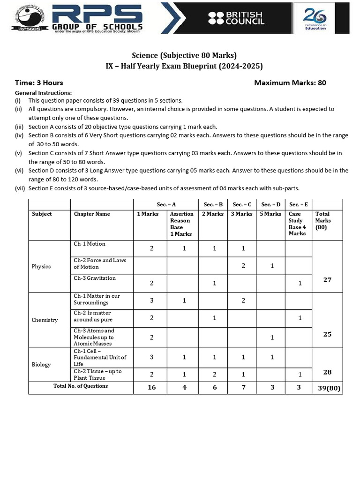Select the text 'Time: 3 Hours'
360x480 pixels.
(39, 83)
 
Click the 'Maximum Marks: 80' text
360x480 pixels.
(290, 83)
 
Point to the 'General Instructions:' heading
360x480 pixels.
(44, 93)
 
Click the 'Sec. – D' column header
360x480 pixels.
(270, 204)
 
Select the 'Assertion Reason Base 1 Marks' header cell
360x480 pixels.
(182, 224)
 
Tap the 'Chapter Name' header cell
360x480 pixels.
(92, 214)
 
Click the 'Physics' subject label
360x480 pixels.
(41, 266)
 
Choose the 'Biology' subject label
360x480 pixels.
(41, 364)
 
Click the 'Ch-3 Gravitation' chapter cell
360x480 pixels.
(95, 278)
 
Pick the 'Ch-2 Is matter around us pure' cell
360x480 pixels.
(93, 316)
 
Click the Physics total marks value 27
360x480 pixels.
(327, 279)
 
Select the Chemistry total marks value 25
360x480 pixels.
(327, 334)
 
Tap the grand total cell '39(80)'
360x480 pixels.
(327, 388)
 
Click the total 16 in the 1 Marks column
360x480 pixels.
(151, 388)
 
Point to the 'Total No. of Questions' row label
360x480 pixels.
(81, 386)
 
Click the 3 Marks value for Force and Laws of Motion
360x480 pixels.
(243, 266)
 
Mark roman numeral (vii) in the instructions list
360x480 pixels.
(21, 188)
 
